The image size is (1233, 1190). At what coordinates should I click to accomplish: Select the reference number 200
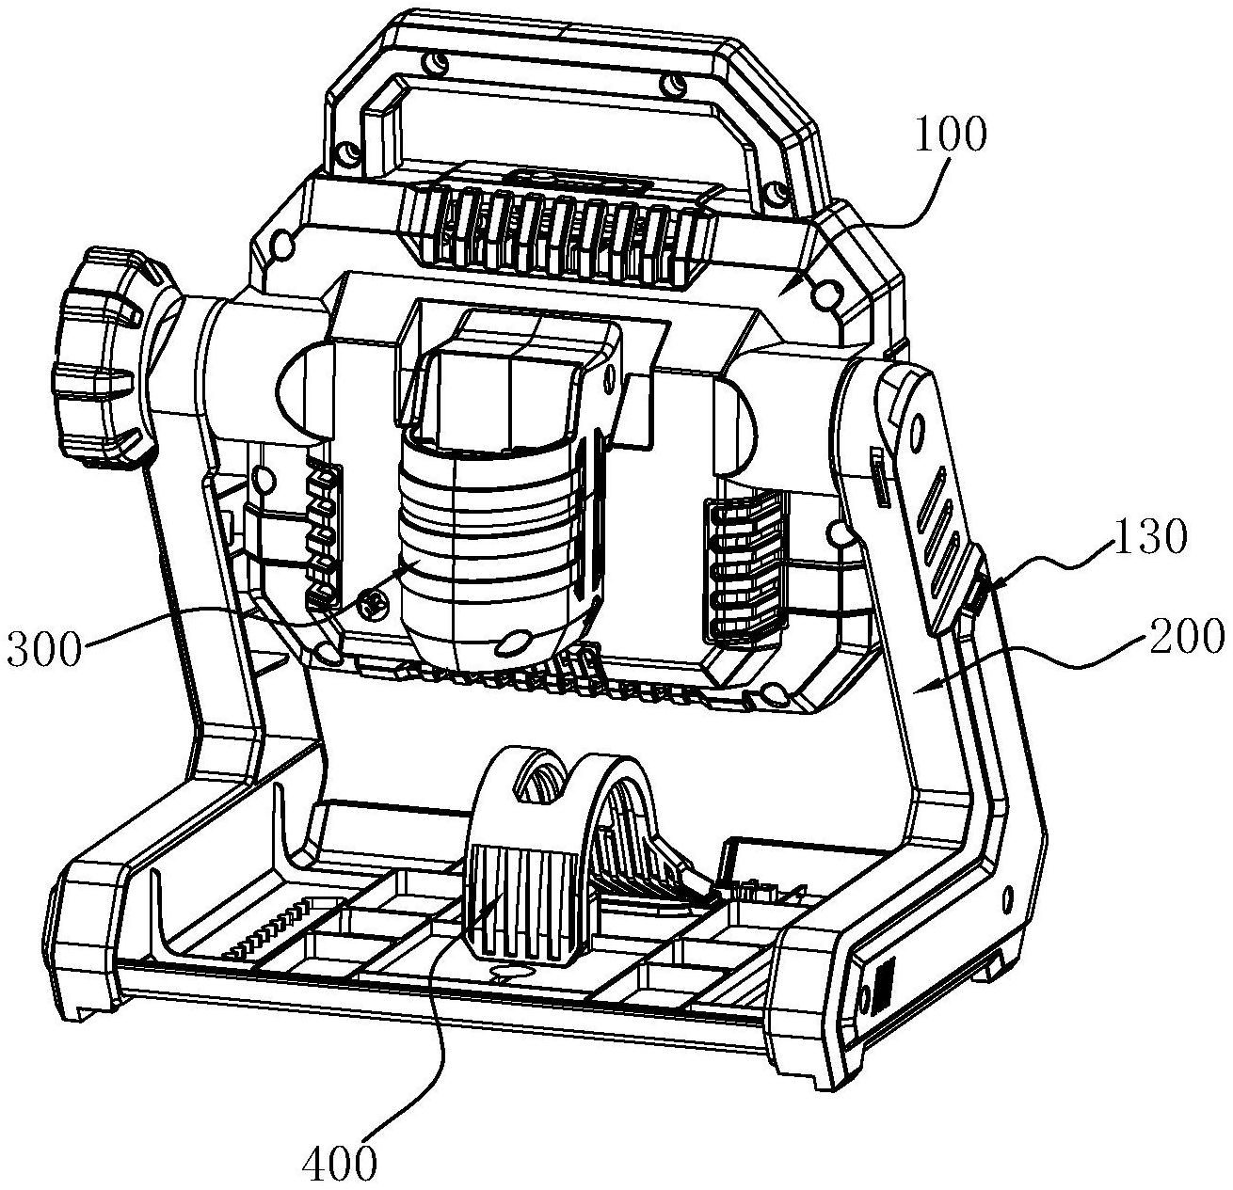(1180, 637)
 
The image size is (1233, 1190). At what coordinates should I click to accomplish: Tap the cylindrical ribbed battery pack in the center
(501, 545)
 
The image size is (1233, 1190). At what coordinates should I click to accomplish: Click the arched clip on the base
(557, 855)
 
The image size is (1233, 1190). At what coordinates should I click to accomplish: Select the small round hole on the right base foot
(1005, 899)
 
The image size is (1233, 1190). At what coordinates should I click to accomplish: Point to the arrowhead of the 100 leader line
(778, 294)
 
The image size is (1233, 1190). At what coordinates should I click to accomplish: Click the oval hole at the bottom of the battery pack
(512, 643)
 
